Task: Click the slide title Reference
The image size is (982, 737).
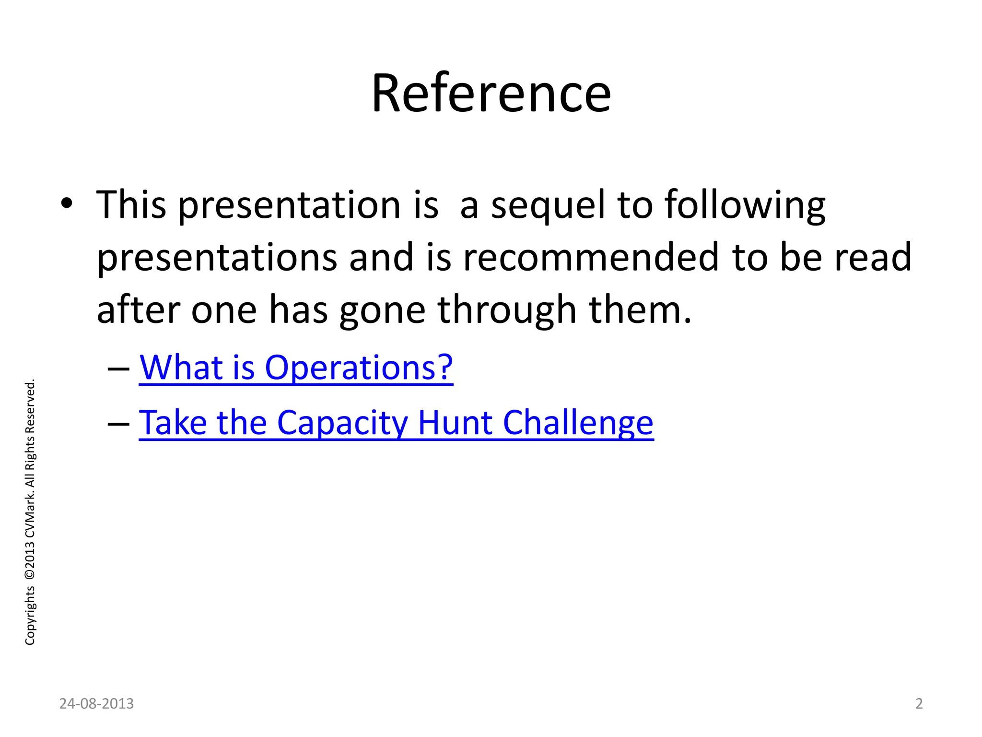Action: point(491,94)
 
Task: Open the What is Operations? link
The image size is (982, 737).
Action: point(296,368)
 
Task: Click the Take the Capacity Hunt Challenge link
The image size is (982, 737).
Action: point(396,423)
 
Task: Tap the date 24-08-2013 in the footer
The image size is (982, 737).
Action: point(96,703)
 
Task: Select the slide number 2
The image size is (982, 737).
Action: point(919,703)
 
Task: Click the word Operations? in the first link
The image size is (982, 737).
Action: point(359,368)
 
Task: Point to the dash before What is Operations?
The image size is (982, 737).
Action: point(118,369)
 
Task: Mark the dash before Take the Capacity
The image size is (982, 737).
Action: point(118,424)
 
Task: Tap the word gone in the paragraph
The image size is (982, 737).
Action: point(382,311)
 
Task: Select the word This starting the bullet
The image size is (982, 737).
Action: point(131,205)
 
